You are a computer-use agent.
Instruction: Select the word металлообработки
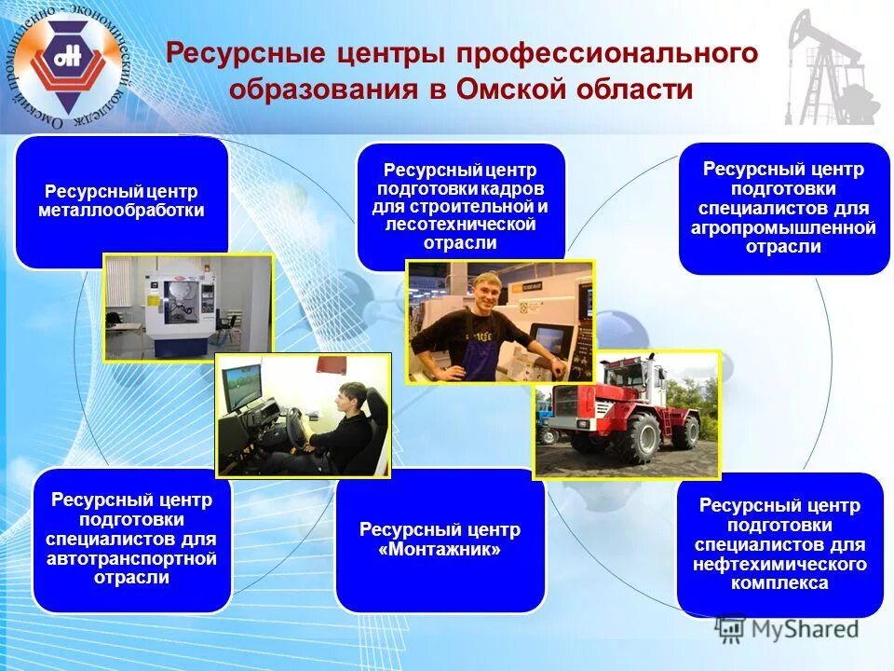pos(121,211)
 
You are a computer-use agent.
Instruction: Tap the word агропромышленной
pos(783,228)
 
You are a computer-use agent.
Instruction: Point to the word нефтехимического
pos(779,565)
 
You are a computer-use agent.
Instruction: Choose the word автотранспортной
pos(131,558)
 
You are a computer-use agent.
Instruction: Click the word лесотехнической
pos(461,225)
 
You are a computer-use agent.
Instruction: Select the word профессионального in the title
pos(606,53)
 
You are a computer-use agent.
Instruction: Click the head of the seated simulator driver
pos(350,396)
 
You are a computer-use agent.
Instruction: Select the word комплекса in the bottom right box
pos(779,582)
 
